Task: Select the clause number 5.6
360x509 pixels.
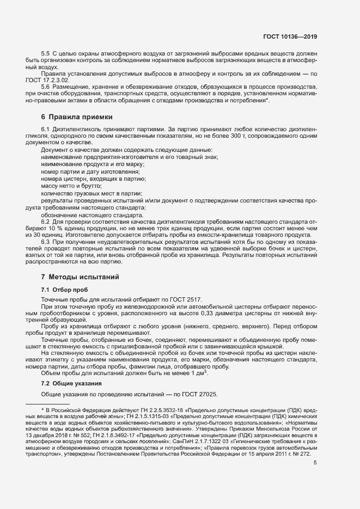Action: [46, 87]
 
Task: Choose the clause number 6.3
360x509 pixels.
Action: [46, 241]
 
